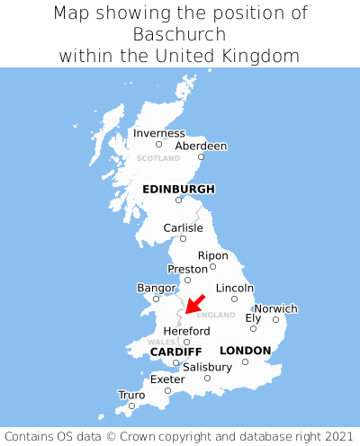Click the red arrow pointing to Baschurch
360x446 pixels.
coord(194,304)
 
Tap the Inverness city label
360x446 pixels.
coord(158,133)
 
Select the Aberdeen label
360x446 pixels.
coord(201,146)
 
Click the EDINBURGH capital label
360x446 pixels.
coord(178,189)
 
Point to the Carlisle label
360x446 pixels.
coord(183,227)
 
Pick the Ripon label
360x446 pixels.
coord(212,255)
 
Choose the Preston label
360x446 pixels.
coord(187,269)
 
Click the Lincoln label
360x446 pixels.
coord(235,288)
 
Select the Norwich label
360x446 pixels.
coord(275,308)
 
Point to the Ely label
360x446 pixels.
coord(253,317)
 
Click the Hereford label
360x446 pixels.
coord(186,331)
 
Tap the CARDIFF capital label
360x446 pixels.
coord(175,351)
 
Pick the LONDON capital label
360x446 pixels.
coord(245,351)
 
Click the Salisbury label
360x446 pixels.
coord(207,367)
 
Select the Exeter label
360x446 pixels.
coord(167,379)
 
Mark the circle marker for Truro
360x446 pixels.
coord(131,406)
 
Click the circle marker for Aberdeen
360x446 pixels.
coord(201,157)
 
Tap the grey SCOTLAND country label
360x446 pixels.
coord(157,158)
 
